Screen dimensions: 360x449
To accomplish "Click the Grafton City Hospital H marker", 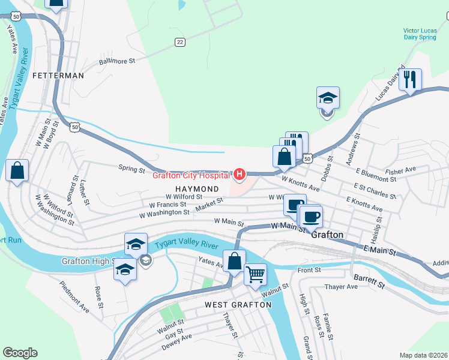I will pyautogui.click(x=240, y=175).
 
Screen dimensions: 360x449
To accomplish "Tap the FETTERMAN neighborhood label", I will pyautogui.click(x=58, y=76).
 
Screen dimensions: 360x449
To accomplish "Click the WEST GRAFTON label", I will pyautogui.click(x=238, y=304).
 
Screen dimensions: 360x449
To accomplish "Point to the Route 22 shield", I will pyautogui.click(x=179, y=41).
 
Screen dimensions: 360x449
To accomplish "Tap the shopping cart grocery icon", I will pyautogui.click(x=255, y=274).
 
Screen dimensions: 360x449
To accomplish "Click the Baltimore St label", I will pyautogui.click(x=118, y=61).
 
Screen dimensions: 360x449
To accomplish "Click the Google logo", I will pyautogui.click(x=20, y=353).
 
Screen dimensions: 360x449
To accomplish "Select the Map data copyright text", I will pyautogui.click(x=424, y=355).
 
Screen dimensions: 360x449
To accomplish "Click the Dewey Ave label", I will pyautogui.click(x=178, y=341).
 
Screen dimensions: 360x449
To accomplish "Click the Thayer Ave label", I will pyautogui.click(x=341, y=287).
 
